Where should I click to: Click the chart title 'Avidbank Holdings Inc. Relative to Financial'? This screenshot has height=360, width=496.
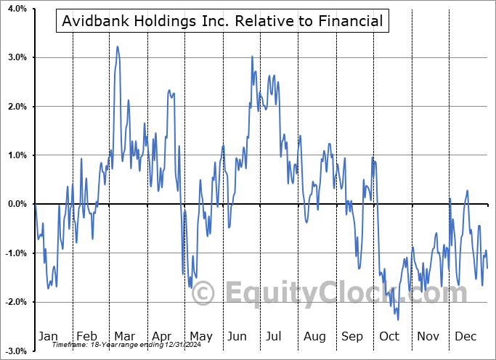[x=222, y=21]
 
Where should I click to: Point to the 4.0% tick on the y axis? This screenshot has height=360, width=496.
[x=17, y=9]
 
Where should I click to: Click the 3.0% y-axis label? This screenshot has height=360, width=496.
[x=17, y=57]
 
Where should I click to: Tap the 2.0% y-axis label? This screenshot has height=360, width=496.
[x=17, y=107]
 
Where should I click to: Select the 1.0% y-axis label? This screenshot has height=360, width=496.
[x=17, y=155]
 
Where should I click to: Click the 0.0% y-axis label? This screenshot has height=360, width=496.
[x=17, y=204]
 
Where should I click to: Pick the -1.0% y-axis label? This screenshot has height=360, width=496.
[x=16, y=253]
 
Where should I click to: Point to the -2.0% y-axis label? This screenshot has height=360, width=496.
[x=16, y=302]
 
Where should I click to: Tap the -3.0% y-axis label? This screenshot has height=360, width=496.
[x=16, y=351]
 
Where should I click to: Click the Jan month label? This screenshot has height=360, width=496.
[x=48, y=336]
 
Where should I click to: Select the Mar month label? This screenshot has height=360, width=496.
[x=124, y=336]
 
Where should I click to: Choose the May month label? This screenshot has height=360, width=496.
[x=200, y=336]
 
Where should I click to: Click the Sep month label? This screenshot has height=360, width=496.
[x=352, y=336]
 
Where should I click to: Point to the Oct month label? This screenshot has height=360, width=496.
[x=389, y=336]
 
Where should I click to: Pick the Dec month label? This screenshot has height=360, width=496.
[x=465, y=336]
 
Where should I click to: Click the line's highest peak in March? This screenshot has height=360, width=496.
[x=118, y=46]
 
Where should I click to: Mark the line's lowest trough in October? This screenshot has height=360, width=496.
[x=398, y=319]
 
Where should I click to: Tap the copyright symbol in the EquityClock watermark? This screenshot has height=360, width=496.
[x=203, y=294]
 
